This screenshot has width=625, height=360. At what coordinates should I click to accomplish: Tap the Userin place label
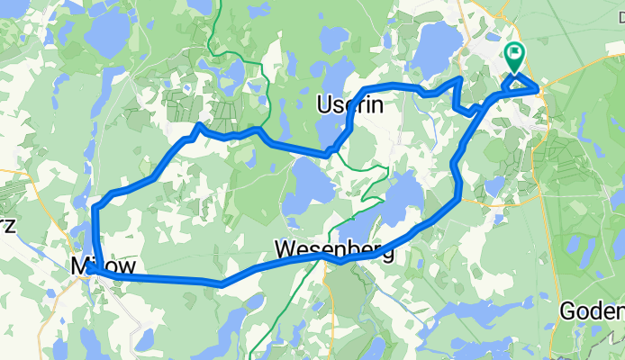pos(350,105)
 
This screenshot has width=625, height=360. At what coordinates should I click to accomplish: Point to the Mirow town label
pos(103,266)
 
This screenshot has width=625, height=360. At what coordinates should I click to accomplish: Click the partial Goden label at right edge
pos(592,311)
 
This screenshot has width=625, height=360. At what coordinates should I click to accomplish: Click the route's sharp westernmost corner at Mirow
pos(91,267)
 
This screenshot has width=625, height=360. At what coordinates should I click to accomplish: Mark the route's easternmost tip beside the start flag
pos(538,87)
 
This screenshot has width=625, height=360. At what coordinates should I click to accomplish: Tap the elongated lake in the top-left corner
pos(110,31)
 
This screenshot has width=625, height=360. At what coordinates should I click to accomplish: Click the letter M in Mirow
pos(78,266)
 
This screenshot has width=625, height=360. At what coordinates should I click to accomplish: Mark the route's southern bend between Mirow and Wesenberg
pos(221,283)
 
